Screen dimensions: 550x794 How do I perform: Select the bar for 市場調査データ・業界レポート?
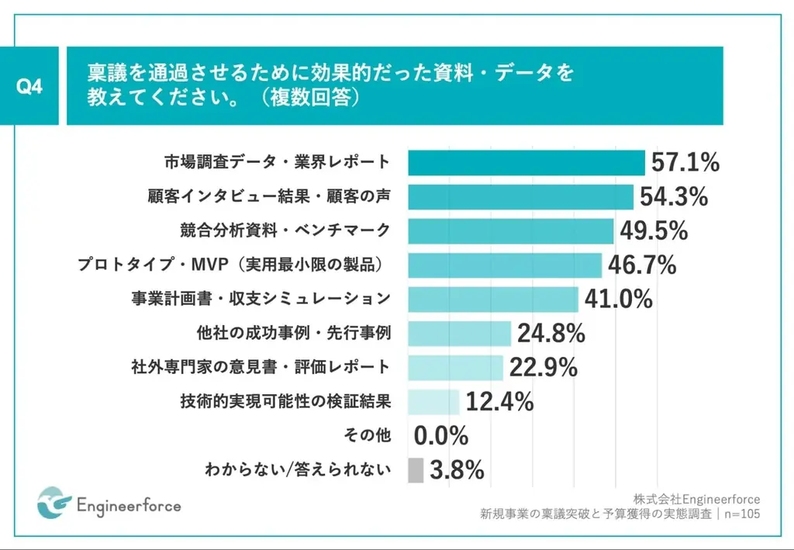coord(526,163)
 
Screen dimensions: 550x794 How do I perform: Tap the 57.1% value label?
coord(685,163)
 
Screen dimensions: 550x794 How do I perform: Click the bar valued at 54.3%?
coord(520,197)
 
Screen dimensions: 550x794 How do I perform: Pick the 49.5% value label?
coord(653,230)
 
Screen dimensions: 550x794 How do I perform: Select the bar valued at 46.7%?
coord(505,265)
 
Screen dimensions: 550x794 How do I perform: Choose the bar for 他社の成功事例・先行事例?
coord(459,334)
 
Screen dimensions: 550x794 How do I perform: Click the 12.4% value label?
coord(499,401)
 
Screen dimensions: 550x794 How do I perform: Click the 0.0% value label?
coord(440,436)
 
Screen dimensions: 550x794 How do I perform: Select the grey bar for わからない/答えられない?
coord(416,469)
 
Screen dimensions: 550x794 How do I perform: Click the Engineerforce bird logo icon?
coord(54,504)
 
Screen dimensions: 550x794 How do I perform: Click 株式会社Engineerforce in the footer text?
coord(696,498)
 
